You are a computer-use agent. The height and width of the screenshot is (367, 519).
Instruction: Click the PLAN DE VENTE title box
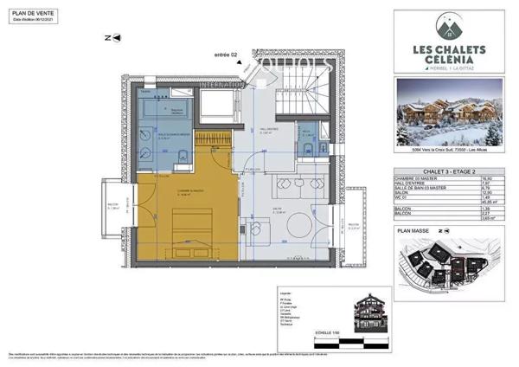click(x=33, y=16)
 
